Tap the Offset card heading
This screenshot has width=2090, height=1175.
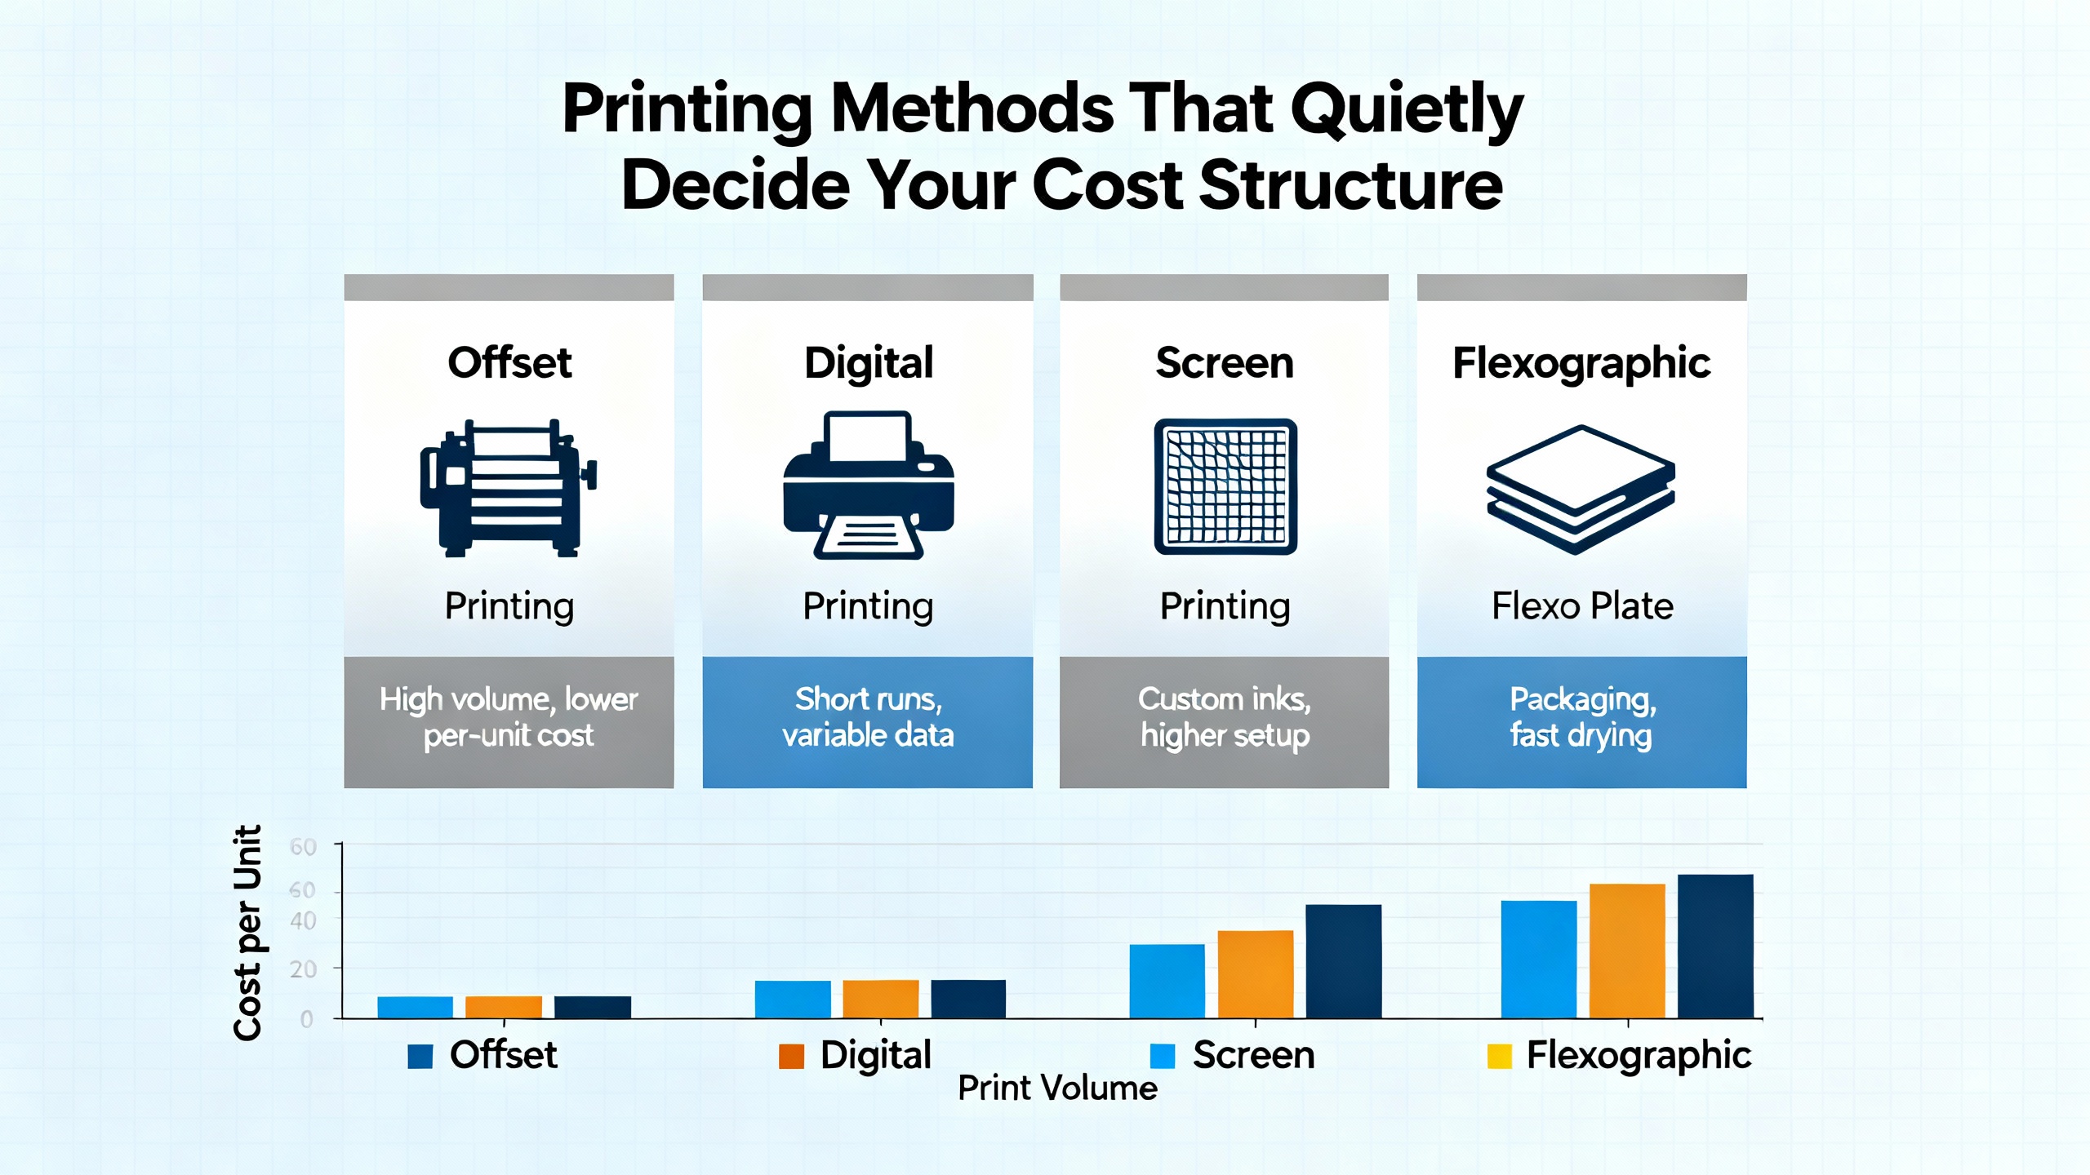pyautogui.click(x=509, y=362)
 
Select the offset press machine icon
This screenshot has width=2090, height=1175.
pyautogui.click(x=508, y=488)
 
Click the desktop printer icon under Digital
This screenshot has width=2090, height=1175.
pyautogui.click(x=868, y=486)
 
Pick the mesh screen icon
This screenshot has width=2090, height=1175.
pyautogui.click(x=1225, y=487)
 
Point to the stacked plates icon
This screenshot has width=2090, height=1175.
pyautogui.click(x=1581, y=489)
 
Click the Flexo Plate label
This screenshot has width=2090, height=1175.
pyautogui.click(x=1582, y=606)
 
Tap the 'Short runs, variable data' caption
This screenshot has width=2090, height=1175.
pyautogui.click(x=868, y=717)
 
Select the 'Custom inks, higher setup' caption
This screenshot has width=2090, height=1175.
pyautogui.click(x=1225, y=717)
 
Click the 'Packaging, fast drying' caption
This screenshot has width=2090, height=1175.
pyautogui.click(x=1581, y=717)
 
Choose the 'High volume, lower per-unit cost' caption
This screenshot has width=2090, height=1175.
pyautogui.click(x=509, y=717)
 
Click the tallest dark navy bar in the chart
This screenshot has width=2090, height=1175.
pyautogui.click(x=1715, y=947)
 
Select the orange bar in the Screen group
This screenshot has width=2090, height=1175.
pyautogui.click(x=1256, y=974)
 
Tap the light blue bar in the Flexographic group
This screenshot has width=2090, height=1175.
pyautogui.click(x=1539, y=960)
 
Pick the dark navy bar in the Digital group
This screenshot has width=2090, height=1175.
pyautogui.click(x=968, y=999)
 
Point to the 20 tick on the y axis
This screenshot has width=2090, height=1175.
pyautogui.click(x=303, y=969)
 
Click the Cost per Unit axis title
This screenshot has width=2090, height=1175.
pyautogui.click(x=247, y=932)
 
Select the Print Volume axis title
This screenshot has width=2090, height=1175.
pyautogui.click(x=1057, y=1089)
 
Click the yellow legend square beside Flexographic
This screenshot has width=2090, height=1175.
pyautogui.click(x=1499, y=1056)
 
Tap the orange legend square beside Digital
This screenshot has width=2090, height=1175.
pyautogui.click(x=791, y=1056)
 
